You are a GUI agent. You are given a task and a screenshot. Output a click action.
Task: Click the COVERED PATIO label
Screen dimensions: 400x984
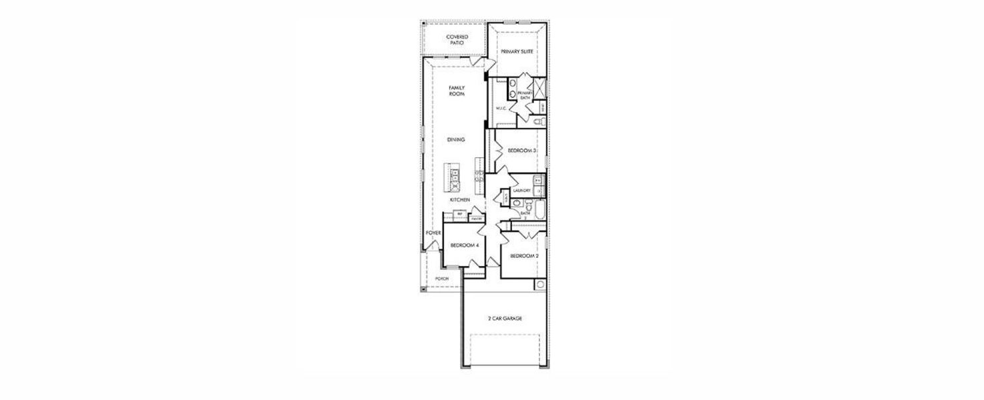coord(457,39)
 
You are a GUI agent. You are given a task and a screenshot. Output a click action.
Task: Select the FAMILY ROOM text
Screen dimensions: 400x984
coord(457,91)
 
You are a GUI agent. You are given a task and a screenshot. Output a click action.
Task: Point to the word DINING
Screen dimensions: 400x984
coord(457,139)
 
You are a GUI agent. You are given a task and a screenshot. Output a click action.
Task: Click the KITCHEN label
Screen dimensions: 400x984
coord(459,200)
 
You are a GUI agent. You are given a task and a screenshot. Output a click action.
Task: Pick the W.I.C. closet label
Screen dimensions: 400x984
coord(502,108)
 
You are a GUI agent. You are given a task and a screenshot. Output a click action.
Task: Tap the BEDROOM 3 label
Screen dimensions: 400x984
coord(521,151)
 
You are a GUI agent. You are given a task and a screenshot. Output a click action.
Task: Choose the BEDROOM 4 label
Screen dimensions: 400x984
coord(465,245)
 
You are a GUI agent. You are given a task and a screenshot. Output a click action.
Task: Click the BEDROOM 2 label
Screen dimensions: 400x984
coord(524,256)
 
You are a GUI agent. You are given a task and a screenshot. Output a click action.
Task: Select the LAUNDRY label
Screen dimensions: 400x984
coord(522,191)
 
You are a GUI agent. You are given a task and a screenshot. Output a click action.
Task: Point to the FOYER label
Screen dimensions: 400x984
coord(434,233)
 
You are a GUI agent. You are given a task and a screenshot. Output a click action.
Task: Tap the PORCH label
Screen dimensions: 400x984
coord(441,278)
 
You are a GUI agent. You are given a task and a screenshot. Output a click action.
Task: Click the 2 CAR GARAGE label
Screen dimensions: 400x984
coord(505,319)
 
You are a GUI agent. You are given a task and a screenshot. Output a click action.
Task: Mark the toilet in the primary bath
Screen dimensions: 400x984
coord(539,122)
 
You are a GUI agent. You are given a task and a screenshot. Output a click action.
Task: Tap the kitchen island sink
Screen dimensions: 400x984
coord(455,175)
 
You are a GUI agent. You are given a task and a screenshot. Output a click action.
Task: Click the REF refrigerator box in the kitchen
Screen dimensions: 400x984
coord(459,213)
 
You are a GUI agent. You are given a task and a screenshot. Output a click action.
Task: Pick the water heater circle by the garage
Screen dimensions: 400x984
coord(539,285)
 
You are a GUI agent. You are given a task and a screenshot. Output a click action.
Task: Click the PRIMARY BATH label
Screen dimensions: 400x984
coord(524,95)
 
